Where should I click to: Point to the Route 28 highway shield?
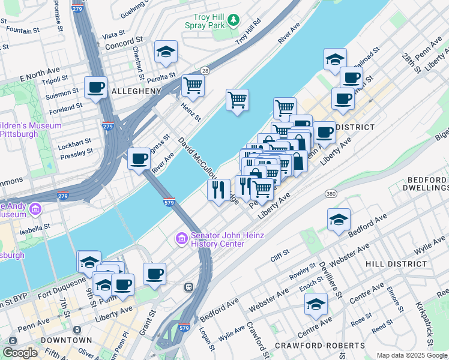pyautogui.click(x=205, y=70)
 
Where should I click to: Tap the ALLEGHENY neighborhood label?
pyautogui.click(x=136, y=91)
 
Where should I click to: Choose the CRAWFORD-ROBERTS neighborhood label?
pyautogui.click(x=319, y=346)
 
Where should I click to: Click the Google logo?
pyautogui.click(x=20, y=352)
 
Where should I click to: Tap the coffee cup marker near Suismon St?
pyautogui.click(x=95, y=88)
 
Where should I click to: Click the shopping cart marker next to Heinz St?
pyautogui.click(x=193, y=85)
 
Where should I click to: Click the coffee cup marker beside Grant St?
pyautogui.click(x=154, y=274)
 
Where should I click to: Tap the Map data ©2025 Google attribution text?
pyautogui.click(x=411, y=355)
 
